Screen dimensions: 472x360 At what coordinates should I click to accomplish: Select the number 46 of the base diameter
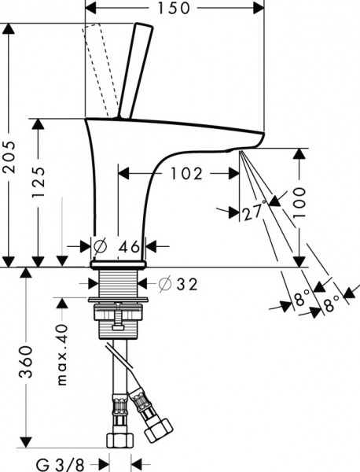[x=128, y=246]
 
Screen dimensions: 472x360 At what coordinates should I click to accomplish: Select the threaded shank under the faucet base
[x=116, y=282]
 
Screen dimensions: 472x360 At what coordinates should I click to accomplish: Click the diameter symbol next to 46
[x=100, y=246]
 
